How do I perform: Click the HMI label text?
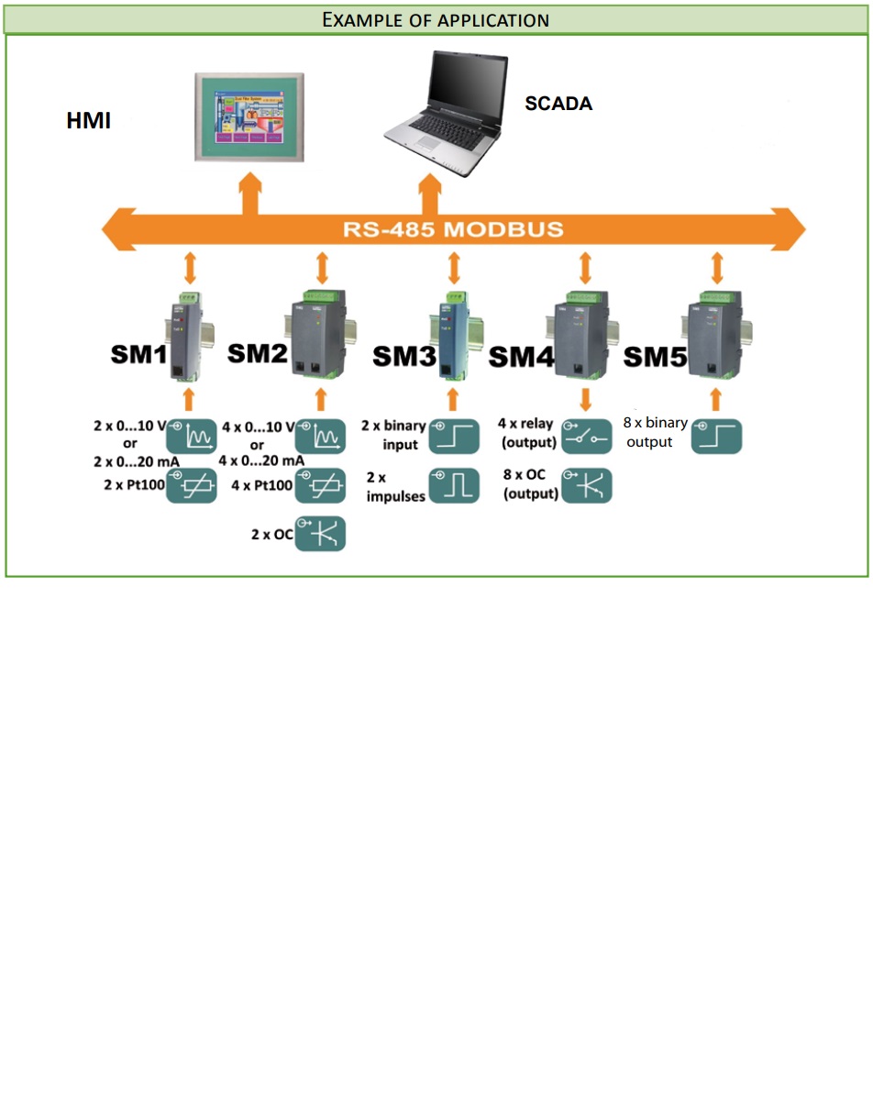(89, 121)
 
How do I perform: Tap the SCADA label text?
(558, 105)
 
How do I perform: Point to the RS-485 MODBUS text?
(453, 228)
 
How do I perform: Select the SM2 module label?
(258, 353)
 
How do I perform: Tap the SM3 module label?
(404, 357)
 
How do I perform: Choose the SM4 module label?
(523, 357)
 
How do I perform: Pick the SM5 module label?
(656, 357)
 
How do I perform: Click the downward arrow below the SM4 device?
(585, 399)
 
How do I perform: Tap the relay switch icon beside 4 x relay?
(586, 437)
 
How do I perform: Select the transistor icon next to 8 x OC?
(586, 485)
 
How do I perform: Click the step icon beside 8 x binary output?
(716, 437)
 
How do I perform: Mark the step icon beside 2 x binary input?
(453, 437)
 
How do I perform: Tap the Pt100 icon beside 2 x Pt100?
(191, 485)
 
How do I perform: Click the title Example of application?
(436, 19)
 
